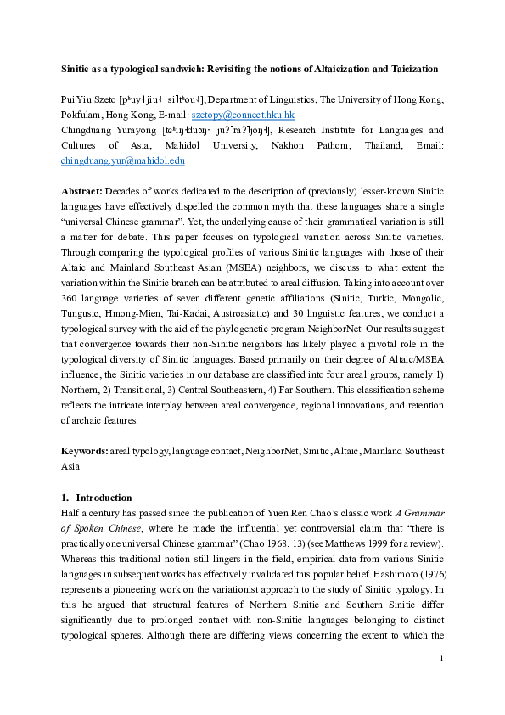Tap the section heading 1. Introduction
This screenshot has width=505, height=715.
pos(97,498)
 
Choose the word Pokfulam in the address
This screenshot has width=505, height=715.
pos(85,115)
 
